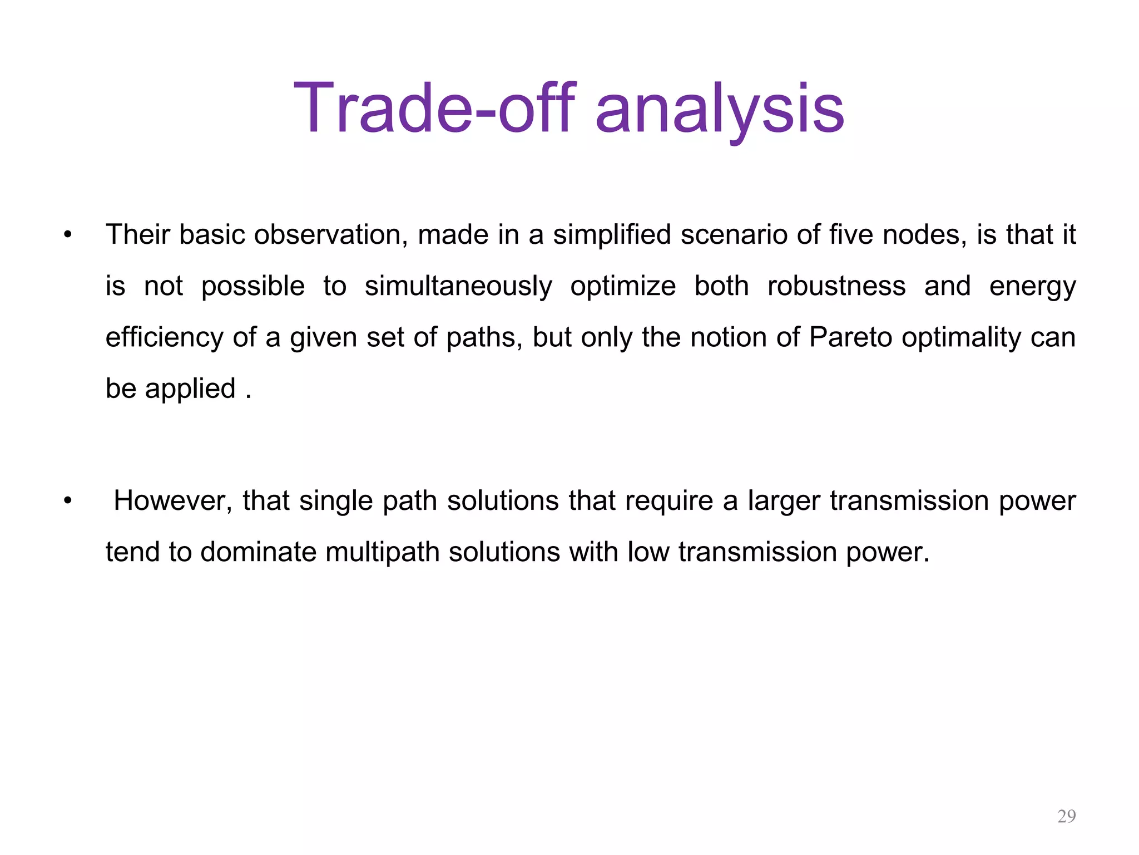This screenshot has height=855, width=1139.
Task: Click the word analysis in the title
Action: click(x=720, y=109)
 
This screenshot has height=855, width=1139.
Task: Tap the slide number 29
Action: click(x=1066, y=816)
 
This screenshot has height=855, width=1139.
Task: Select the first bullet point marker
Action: click(x=68, y=235)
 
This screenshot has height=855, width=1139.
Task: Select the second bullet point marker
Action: click(x=68, y=501)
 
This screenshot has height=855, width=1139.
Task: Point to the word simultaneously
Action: click(x=458, y=287)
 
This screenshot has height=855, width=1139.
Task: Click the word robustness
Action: click(x=836, y=287)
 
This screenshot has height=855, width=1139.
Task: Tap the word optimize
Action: click(x=623, y=287)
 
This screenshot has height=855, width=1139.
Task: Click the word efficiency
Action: click(x=165, y=337)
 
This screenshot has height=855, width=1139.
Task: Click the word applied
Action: click(x=190, y=389)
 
